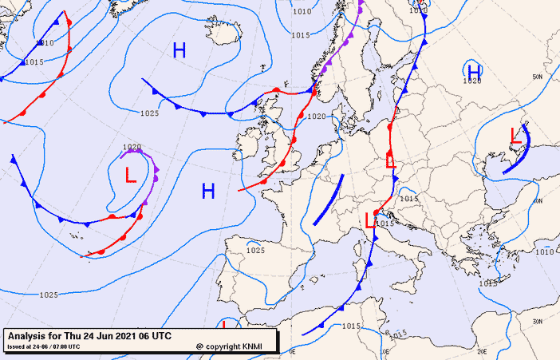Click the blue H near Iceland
click(x=179, y=51)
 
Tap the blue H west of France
click(x=208, y=191)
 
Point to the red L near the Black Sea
click(x=515, y=136)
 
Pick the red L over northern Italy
click(x=370, y=221)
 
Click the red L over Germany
click(x=390, y=160)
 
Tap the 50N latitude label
click(x=538, y=77)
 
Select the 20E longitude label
click(x=482, y=350)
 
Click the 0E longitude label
click(x=292, y=350)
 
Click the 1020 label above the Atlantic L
click(x=132, y=147)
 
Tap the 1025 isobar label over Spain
click(x=255, y=250)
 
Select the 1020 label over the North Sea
click(x=317, y=117)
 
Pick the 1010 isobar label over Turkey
click(x=543, y=252)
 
